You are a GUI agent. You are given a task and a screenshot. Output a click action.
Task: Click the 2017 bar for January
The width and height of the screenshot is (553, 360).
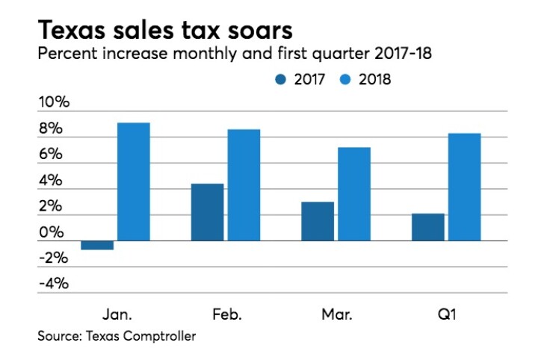tap(97, 245)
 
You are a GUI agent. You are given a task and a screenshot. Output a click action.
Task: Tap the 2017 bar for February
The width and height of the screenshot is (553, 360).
tap(207, 212)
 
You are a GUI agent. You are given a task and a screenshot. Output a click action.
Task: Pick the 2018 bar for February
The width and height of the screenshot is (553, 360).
tap(244, 185)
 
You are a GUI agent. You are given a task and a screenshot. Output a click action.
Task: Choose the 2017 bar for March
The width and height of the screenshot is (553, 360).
tap(318, 221)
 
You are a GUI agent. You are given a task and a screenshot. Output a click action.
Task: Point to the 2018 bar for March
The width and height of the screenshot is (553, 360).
tap(354, 194)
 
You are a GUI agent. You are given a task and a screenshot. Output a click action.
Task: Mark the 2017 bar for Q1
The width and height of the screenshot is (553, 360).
tap(428, 227)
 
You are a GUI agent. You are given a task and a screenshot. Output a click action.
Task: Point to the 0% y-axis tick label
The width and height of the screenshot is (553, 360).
tap(53, 232)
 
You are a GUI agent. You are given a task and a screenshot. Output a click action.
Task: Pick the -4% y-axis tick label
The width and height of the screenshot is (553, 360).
tap(53, 284)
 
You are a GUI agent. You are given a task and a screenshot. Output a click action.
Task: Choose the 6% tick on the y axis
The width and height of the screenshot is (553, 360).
tap(53, 155)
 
